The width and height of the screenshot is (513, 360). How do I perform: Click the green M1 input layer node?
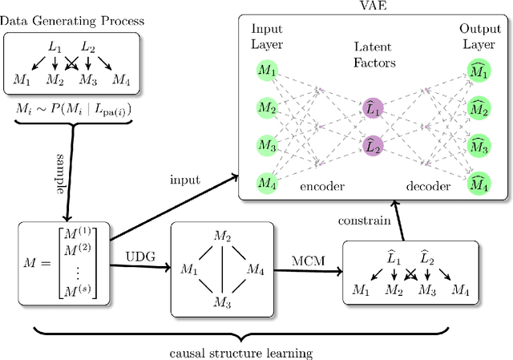click(265, 71)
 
